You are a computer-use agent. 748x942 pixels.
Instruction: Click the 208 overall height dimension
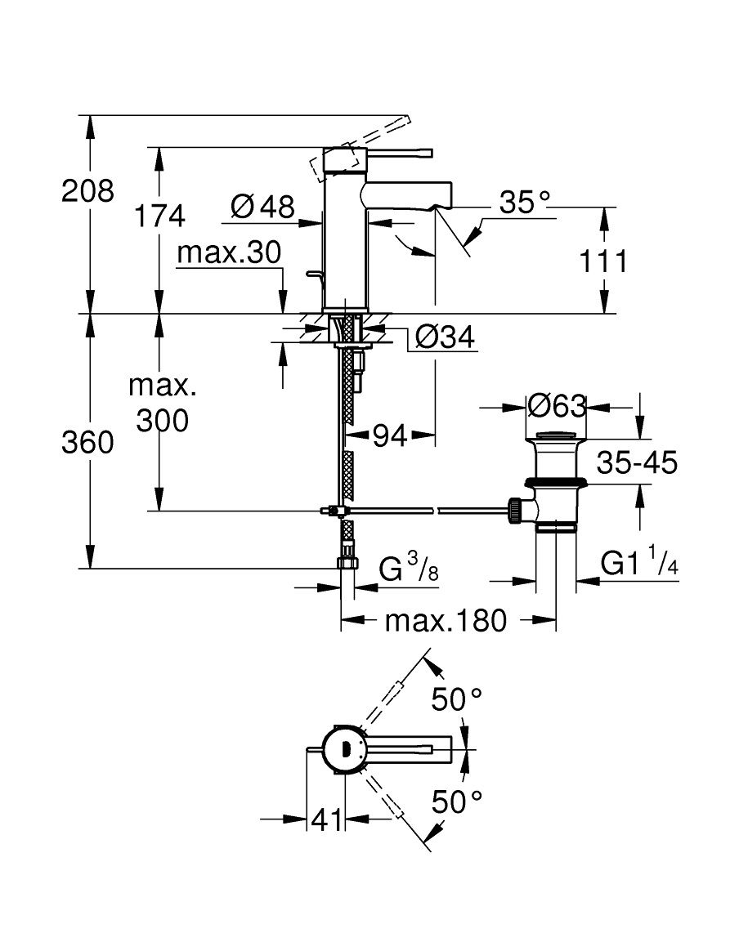pos(87,192)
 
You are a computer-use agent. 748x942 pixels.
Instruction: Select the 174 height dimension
pos(159,216)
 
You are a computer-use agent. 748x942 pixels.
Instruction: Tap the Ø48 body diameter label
pos(262,208)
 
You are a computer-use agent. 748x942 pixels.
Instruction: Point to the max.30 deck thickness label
pos(229,253)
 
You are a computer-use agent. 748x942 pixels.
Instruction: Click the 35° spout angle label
pos(525,203)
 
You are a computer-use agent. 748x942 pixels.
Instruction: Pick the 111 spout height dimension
pos(603,261)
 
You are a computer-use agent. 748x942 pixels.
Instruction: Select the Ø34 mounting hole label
pos(446,337)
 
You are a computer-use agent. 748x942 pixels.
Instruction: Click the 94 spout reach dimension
pos(390,435)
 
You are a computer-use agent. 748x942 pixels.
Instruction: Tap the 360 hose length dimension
pos(87,443)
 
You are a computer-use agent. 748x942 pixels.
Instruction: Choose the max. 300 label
pos(163,403)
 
